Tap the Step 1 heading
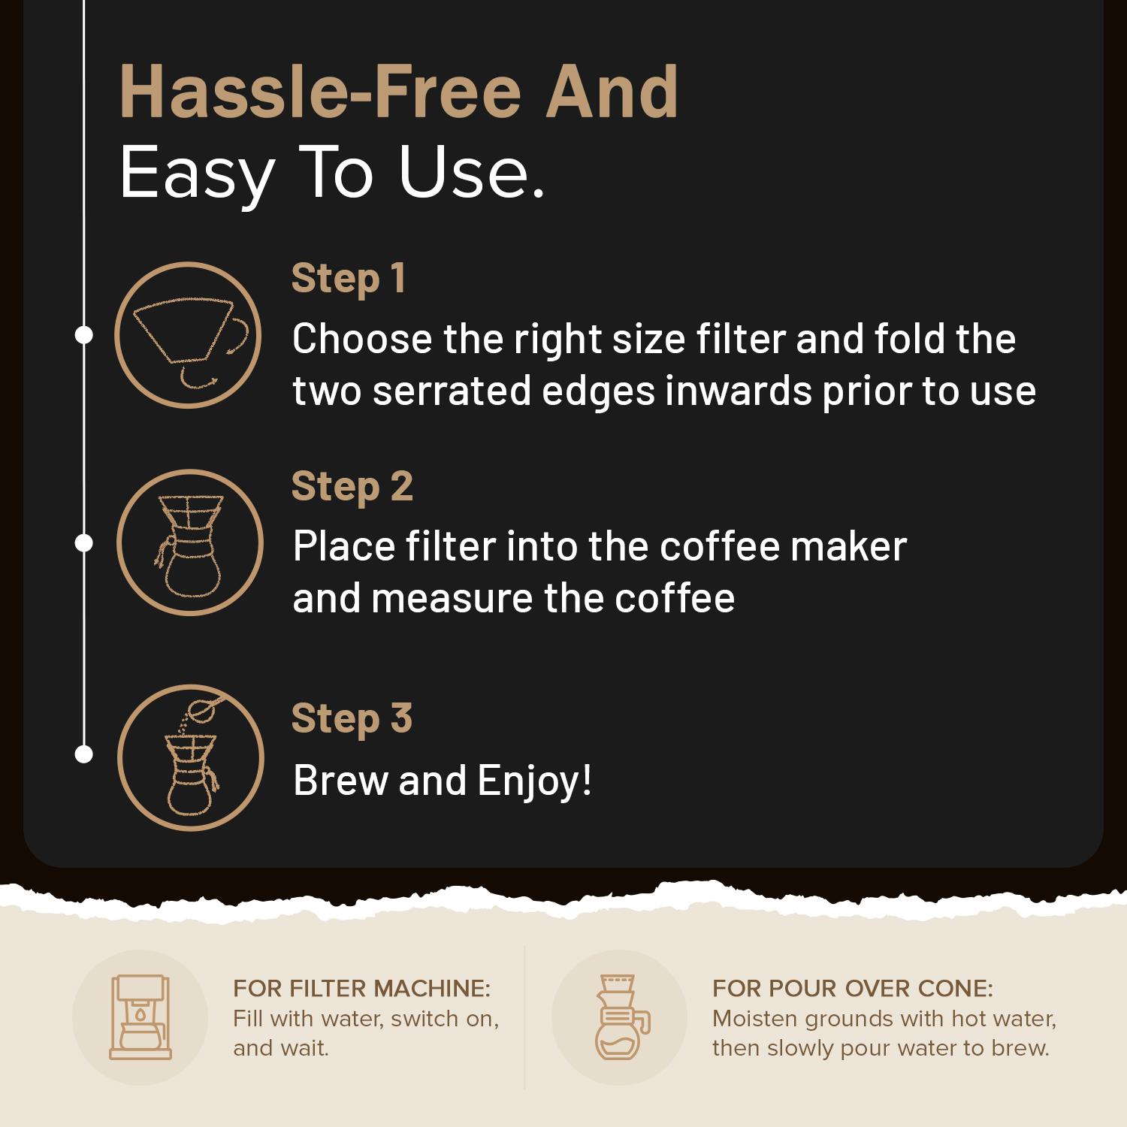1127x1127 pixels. pyautogui.click(x=349, y=279)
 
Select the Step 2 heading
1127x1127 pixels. pyautogui.click(x=352, y=486)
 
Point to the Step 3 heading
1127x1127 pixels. pyautogui.click(x=352, y=718)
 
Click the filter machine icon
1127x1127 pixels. pyautogui.click(x=140, y=1017)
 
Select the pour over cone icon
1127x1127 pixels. pyautogui.click(x=619, y=1017)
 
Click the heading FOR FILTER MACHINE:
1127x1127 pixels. pyautogui.click(x=361, y=988)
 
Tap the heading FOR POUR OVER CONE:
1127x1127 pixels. pyautogui.click(x=853, y=988)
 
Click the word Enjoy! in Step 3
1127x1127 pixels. pyautogui.click(x=534, y=781)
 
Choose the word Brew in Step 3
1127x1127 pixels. pyautogui.click(x=341, y=781)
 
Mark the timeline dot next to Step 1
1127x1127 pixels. pyautogui.click(x=84, y=335)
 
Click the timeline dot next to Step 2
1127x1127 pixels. pyautogui.click(x=84, y=542)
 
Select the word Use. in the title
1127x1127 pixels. pyautogui.click(x=470, y=172)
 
